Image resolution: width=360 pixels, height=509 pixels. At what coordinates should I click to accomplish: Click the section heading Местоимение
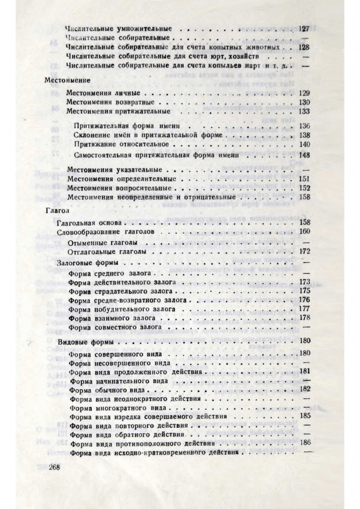[x=67, y=80]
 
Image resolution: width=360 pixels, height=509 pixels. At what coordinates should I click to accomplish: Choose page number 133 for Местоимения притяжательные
[x=304, y=111]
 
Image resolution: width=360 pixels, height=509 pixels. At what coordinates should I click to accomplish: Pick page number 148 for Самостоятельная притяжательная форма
[x=304, y=155]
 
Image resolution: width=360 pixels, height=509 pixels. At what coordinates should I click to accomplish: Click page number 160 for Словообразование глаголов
[x=304, y=232]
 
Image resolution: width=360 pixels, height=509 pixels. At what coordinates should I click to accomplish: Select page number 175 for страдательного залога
[x=304, y=291]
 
